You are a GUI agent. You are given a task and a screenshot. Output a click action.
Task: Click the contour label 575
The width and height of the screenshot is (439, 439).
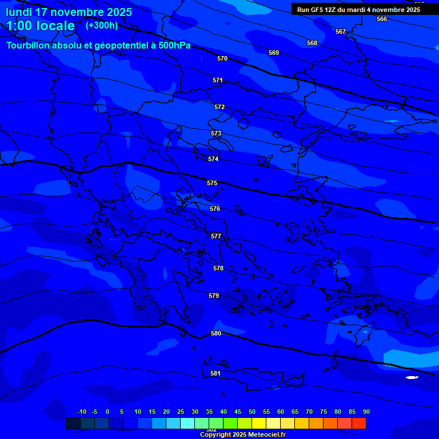212,183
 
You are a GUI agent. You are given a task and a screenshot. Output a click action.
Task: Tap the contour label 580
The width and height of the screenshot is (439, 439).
216,333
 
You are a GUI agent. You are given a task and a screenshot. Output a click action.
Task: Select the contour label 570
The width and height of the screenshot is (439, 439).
222,58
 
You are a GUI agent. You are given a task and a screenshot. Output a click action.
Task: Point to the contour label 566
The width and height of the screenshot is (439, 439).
382,19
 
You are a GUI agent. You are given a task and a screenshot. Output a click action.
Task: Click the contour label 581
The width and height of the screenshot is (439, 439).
215,373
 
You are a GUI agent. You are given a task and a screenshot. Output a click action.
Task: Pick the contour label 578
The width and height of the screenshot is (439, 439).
218,268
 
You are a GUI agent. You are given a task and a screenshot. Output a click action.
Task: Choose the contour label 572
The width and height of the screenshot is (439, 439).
219,107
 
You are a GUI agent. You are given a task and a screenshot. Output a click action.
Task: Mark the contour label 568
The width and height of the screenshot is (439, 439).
312,43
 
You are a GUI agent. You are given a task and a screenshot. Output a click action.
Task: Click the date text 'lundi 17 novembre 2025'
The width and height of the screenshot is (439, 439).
69,12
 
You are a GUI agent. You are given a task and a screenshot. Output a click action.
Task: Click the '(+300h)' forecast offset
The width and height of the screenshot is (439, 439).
102,26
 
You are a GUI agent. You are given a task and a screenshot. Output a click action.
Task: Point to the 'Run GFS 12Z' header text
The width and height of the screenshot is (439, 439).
317,10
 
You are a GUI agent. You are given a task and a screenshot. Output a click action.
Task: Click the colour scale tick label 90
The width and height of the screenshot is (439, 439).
366,412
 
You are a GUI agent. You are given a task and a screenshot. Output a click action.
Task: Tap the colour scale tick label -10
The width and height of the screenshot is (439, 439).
82,412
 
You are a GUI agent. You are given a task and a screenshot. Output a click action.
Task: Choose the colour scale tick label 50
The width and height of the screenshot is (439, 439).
252,412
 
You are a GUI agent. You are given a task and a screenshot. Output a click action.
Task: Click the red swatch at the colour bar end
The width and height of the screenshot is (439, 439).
358,423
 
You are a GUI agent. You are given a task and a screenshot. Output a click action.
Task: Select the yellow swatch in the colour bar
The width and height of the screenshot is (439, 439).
258,423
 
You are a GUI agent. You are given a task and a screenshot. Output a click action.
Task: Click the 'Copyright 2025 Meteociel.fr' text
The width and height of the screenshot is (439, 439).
242,435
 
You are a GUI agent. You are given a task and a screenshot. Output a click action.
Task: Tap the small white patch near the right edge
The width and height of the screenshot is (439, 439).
412,377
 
